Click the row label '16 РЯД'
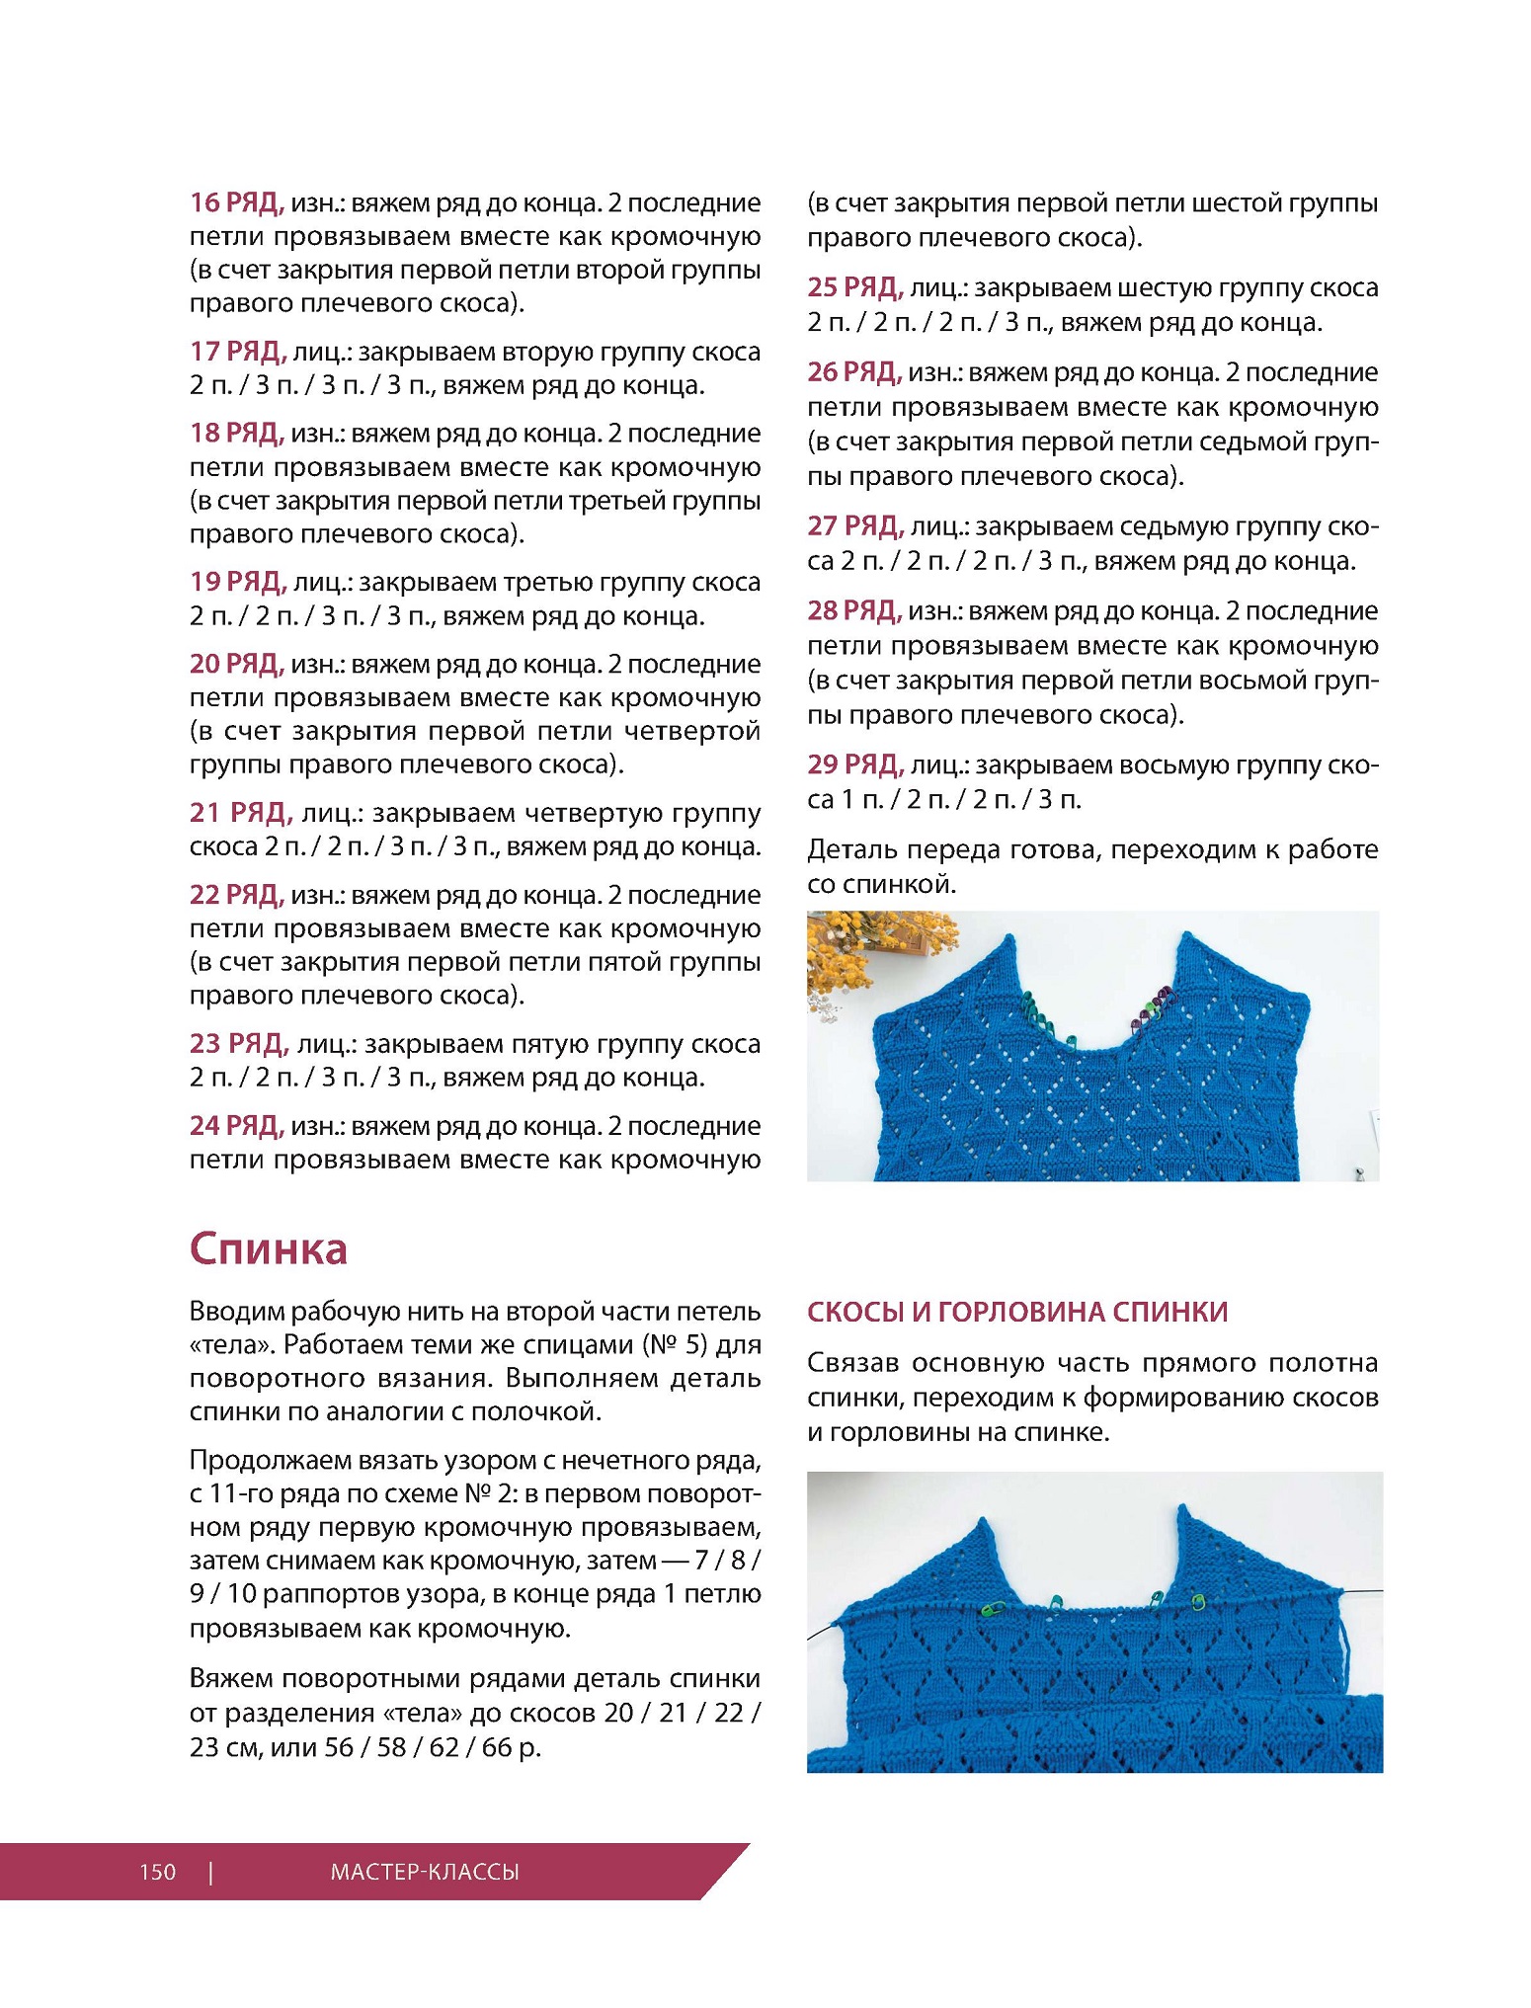coord(237,202)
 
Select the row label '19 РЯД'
coord(238,582)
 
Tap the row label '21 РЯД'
coord(241,813)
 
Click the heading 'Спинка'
coord(269,1248)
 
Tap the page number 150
coord(158,1872)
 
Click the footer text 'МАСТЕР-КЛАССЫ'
coord(425,1872)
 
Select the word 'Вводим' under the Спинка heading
coord(236,1312)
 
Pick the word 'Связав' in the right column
coord(851,1363)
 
